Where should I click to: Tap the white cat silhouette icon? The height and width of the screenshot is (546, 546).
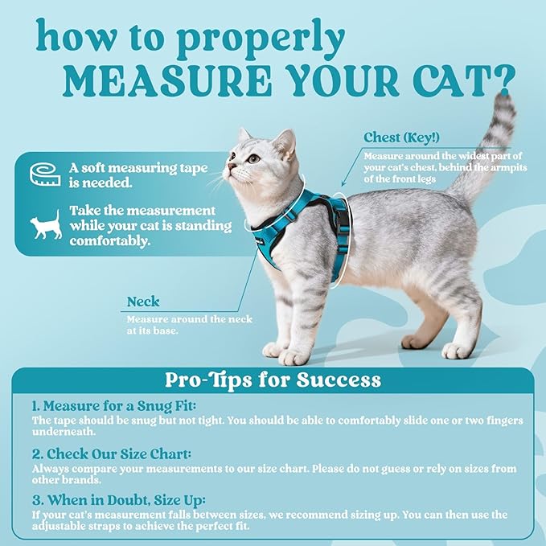pos(45,225)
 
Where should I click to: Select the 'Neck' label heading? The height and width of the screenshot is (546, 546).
pos(143,302)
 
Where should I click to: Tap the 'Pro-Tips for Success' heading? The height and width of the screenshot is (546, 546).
pos(273,379)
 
